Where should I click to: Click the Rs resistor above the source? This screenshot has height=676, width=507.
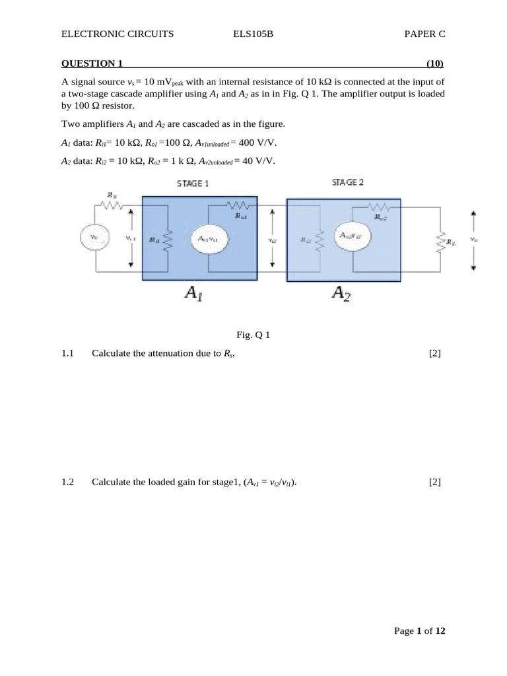coord(113,204)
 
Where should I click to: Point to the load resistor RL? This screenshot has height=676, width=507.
coord(440,242)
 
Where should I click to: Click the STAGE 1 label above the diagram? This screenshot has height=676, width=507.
coord(193,184)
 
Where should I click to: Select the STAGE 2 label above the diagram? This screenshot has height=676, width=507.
coord(348,182)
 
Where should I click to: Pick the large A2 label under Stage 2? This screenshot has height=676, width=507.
coord(341,293)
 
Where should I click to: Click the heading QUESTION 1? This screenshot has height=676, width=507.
coord(92,64)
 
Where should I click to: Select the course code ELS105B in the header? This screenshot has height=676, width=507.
coord(253,34)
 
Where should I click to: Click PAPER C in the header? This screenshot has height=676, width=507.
coord(425,34)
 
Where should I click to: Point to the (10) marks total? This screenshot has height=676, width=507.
coord(434,64)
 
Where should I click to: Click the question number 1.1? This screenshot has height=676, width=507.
coord(69,354)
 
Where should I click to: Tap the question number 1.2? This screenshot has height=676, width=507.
coord(69,483)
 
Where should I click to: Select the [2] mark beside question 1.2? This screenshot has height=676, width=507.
coord(434,483)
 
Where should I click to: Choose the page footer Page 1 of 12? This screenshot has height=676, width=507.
coord(420,631)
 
